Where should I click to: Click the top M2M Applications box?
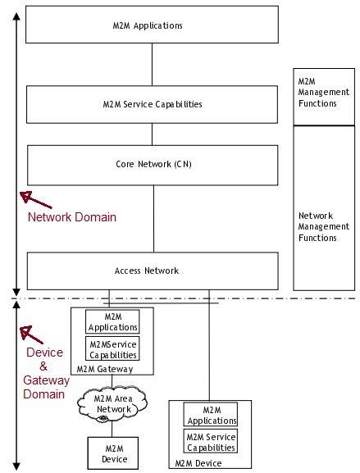152,25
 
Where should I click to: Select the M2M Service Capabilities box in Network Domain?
152,105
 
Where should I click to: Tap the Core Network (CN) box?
152,165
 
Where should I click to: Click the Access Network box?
152,271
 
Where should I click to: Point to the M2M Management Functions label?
317,93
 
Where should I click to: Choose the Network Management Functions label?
317,226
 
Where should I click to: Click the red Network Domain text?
72,217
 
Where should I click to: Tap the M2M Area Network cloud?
113,403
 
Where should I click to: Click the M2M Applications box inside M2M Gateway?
113,322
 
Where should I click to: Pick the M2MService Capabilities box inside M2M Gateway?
113,349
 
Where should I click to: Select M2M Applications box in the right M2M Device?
211,415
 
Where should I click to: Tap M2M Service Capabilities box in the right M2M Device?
211,442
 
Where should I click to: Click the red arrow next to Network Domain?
35,200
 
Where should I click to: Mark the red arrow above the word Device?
31,334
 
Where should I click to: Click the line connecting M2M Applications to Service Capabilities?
152,64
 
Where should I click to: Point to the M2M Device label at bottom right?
198,463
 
